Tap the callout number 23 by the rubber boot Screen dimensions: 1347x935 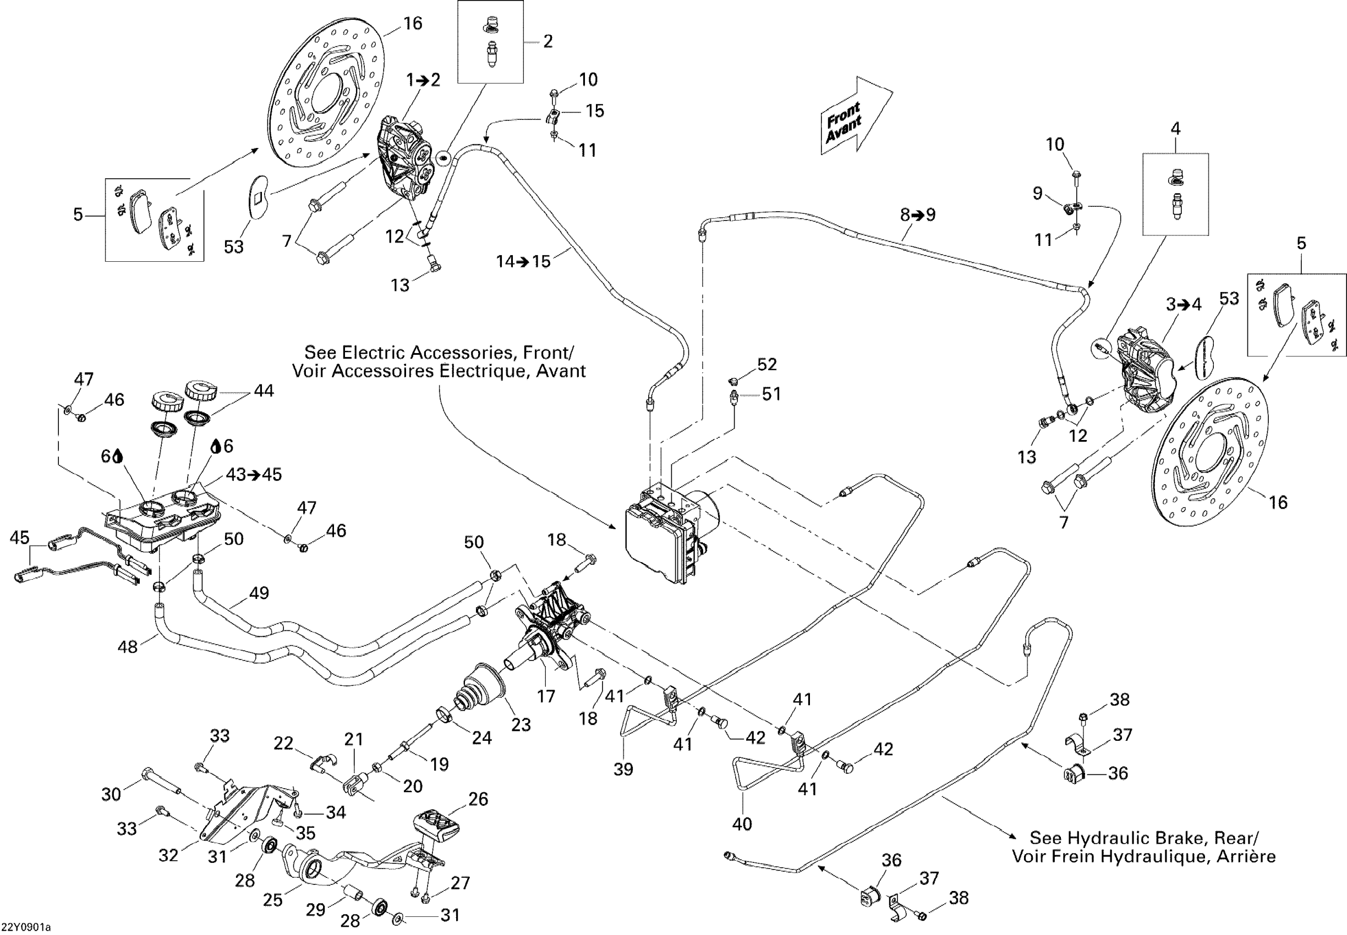click(521, 725)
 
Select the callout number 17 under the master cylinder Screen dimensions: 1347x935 click(546, 696)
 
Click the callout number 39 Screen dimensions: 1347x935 click(623, 769)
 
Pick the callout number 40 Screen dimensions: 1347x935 click(742, 824)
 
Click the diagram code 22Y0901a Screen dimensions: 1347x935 click(26, 927)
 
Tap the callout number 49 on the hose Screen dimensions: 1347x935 click(259, 593)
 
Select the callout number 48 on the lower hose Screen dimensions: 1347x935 click(128, 647)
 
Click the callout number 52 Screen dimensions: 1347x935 click(766, 365)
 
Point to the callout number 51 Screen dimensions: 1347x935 click(771, 394)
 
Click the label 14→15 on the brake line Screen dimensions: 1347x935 click(523, 261)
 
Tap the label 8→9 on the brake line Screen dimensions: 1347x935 click(918, 215)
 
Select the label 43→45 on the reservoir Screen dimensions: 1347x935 click(254, 474)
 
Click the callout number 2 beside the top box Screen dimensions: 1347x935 click(548, 41)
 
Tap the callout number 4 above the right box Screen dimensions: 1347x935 click(1176, 128)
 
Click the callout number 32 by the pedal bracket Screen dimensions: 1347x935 click(168, 855)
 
